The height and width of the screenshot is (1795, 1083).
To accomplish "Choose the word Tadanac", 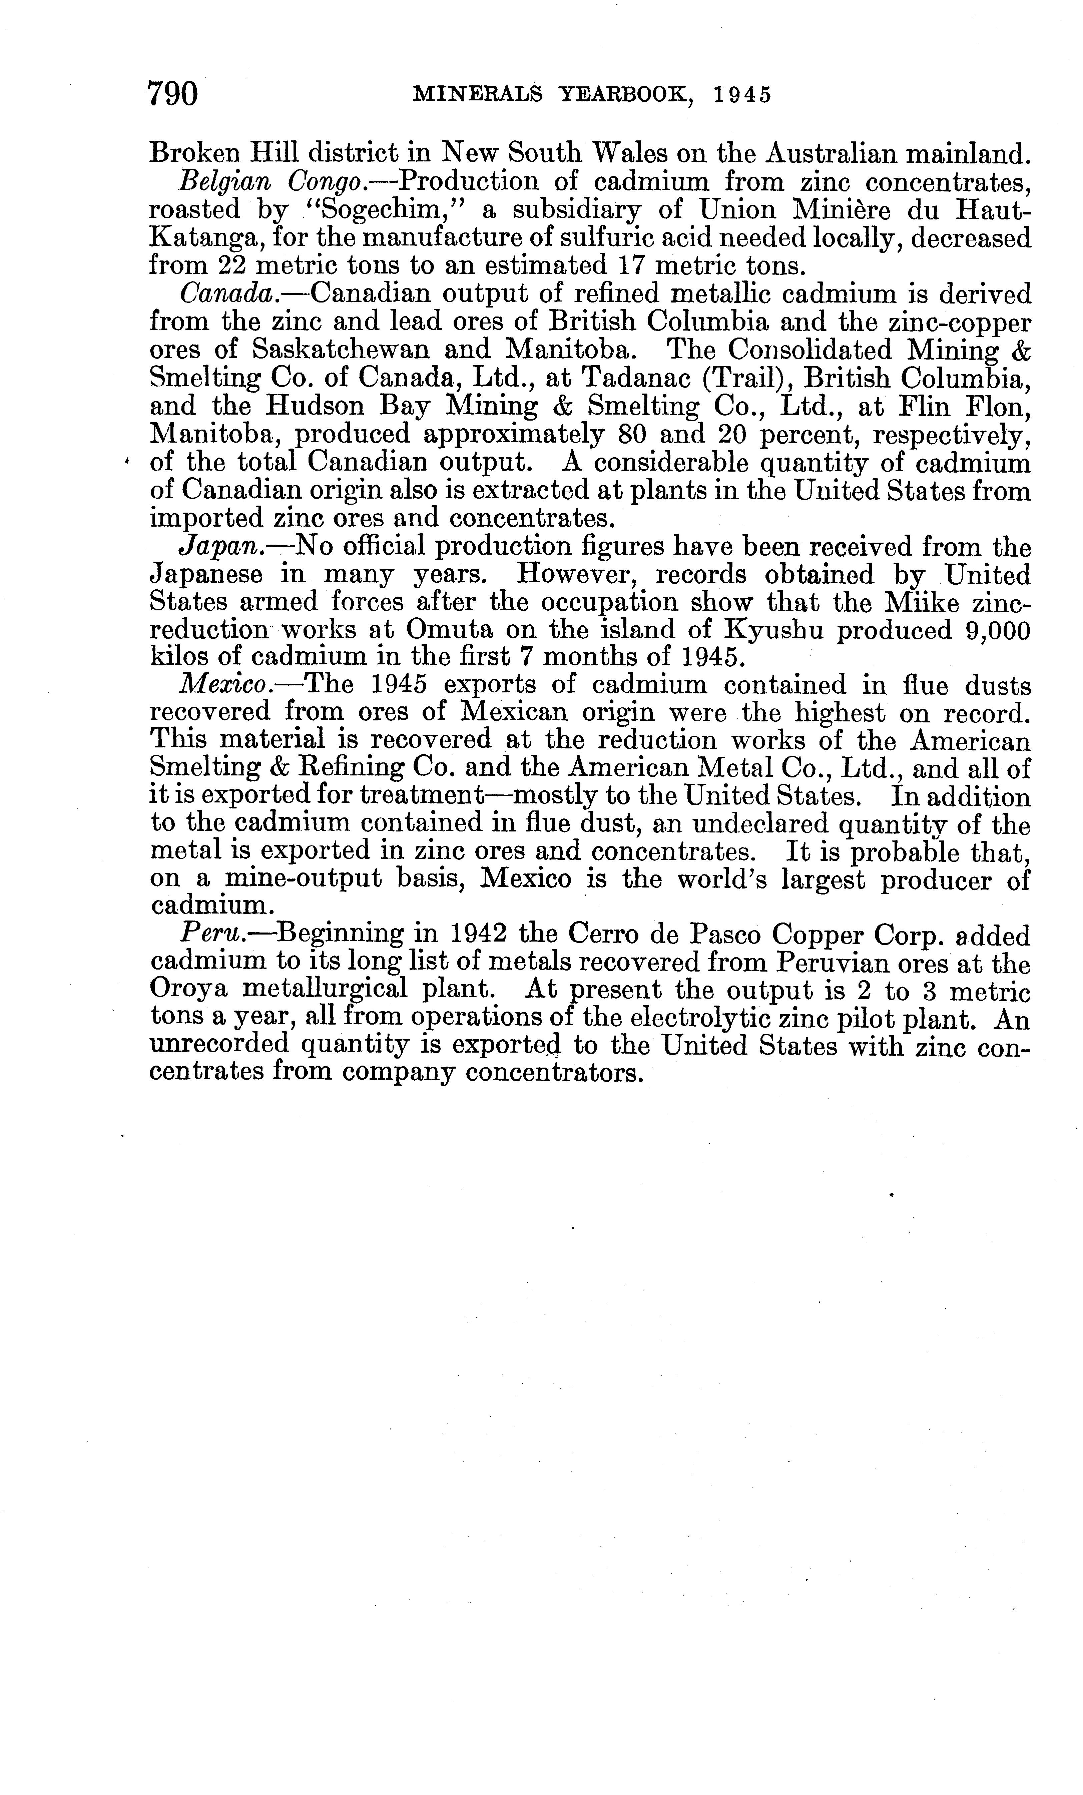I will (588, 379).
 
